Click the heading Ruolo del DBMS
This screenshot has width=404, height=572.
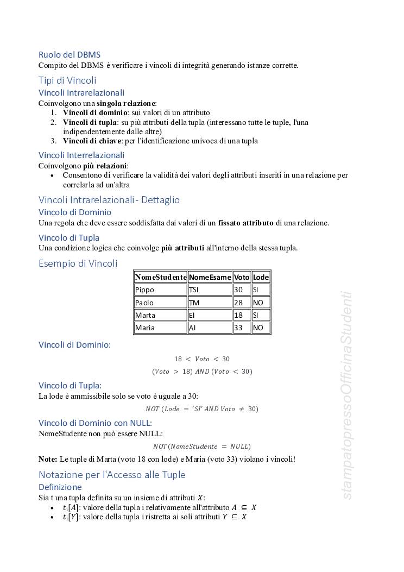[x=69, y=54]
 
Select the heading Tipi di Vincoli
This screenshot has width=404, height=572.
[x=67, y=80]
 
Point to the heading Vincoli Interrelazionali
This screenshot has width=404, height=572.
[x=81, y=155]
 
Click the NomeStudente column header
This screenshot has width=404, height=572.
[x=161, y=277]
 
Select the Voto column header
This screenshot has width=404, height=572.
[x=242, y=277]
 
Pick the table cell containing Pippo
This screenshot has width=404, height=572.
[x=161, y=290]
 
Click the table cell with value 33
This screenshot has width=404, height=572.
[x=242, y=328]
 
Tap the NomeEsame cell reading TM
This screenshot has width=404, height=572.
[x=210, y=303]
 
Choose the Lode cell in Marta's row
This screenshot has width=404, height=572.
[x=261, y=315]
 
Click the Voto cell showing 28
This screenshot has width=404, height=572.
[x=242, y=303]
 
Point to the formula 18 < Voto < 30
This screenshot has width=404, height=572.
[x=201, y=359]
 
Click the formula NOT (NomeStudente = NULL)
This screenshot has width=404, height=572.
[x=201, y=447]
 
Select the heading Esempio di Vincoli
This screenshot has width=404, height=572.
[x=78, y=264]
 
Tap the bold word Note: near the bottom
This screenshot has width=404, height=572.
[x=48, y=460]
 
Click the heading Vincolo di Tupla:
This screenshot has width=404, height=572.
[x=70, y=386]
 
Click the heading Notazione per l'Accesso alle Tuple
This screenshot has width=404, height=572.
[x=112, y=475]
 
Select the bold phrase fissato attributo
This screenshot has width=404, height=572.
[x=246, y=223]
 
